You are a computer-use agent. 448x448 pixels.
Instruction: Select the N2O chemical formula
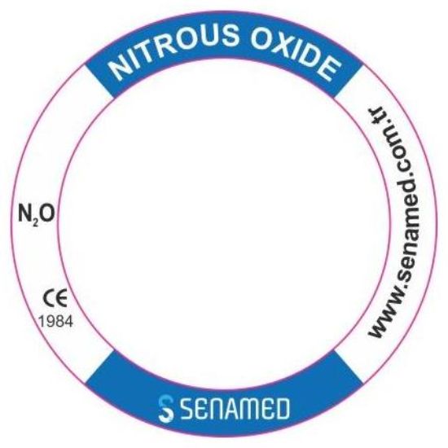click(37, 213)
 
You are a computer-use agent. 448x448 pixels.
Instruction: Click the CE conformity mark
click(55, 297)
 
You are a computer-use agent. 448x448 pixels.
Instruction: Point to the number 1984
click(56, 322)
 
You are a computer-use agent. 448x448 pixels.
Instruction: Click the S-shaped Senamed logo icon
click(166, 409)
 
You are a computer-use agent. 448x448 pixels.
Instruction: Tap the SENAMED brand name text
click(235, 409)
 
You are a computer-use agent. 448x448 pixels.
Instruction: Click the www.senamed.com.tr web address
click(393, 223)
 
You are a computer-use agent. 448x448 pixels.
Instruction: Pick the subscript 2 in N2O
click(35, 223)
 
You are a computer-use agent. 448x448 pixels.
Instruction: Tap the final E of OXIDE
click(328, 69)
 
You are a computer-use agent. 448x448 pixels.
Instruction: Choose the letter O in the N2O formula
click(47, 213)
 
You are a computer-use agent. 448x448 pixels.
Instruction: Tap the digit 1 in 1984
click(42, 322)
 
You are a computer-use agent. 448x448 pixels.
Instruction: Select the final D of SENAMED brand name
click(281, 409)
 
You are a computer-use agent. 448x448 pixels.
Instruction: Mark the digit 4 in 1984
click(68, 322)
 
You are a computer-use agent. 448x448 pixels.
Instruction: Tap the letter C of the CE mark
click(49, 298)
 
